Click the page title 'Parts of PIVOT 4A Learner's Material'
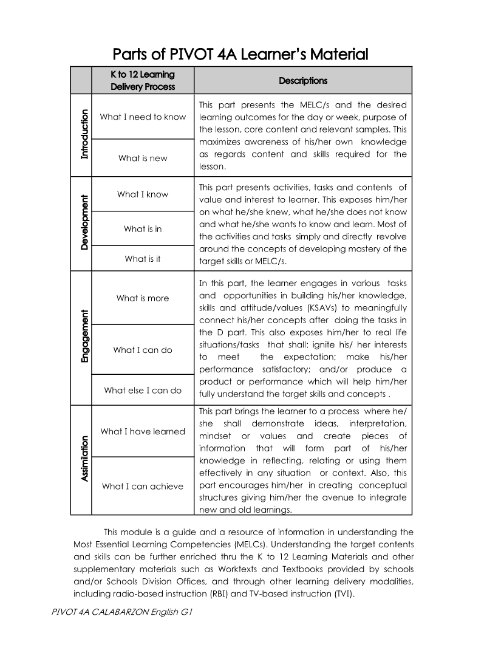coord(241,55)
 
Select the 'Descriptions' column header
coord(302,81)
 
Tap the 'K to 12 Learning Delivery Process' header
coord(142,81)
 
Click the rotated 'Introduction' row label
coord(84,134)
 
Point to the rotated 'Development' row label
coord(84,222)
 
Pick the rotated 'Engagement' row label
coord(84,337)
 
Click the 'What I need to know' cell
coord(143,117)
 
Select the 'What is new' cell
coord(143,158)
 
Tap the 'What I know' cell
coord(143,194)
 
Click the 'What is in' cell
coord(143,229)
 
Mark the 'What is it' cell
coord(143,259)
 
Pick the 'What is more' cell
coord(143,298)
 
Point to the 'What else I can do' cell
coord(143,391)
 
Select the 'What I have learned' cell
coord(143,432)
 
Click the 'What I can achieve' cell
coord(143,487)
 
